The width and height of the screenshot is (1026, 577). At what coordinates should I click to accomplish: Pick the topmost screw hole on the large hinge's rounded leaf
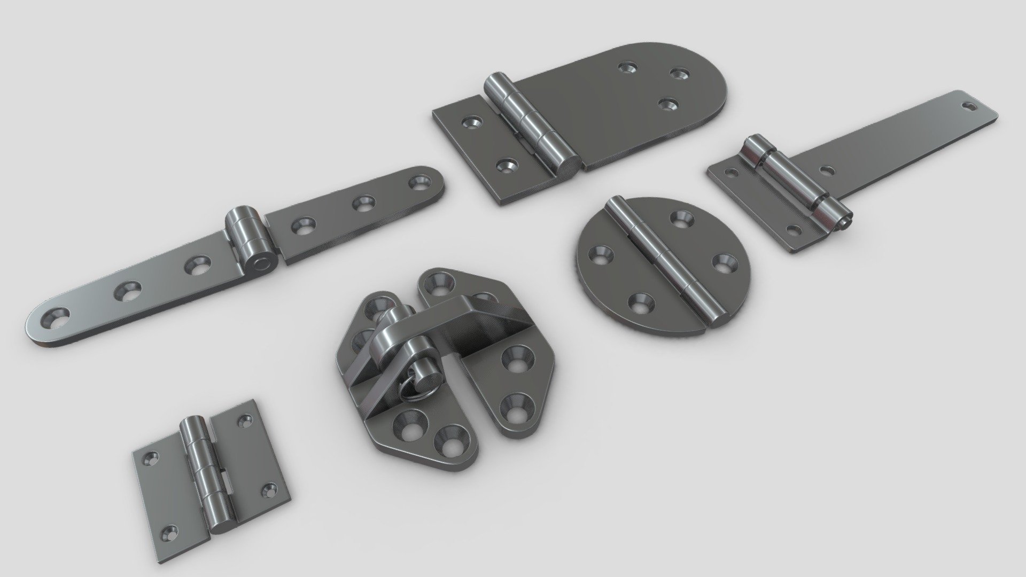click(626, 68)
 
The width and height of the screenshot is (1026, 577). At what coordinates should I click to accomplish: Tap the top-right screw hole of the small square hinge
click(246, 420)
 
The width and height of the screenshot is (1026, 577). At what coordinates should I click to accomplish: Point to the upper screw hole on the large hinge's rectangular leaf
click(471, 124)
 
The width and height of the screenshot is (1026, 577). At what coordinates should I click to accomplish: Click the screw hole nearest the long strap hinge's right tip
click(418, 184)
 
